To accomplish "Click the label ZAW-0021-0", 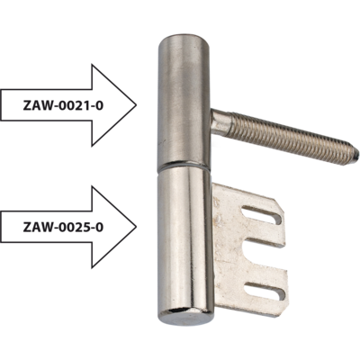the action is (63, 105).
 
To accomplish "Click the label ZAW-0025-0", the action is (63, 227).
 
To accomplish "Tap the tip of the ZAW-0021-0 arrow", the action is (137, 105).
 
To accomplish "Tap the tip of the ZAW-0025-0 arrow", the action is (137, 227).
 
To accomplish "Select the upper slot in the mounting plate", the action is (262, 214).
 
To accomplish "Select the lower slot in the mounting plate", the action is (265, 292).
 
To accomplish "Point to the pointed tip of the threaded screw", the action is (356, 155).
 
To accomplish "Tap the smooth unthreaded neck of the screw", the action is (221, 122).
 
